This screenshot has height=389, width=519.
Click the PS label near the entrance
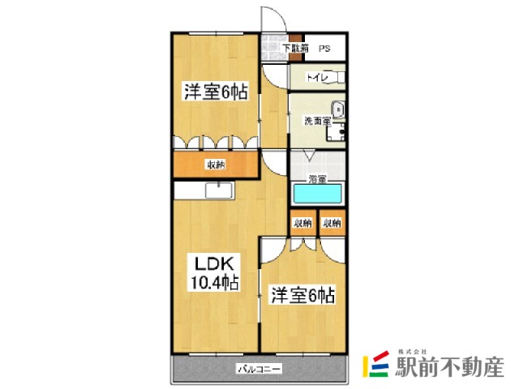[x=324, y=49]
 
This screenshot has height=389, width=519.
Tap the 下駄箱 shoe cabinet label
[x=295, y=49]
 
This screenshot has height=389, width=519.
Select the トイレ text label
[x=315, y=78]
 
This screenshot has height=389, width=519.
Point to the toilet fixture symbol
[x=337, y=78]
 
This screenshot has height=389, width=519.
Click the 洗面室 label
[x=316, y=122]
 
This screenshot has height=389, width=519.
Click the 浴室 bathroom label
[x=317, y=178]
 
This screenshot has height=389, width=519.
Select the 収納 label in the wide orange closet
[x=215, y=165]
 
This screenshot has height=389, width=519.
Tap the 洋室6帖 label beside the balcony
[x=302, y=294]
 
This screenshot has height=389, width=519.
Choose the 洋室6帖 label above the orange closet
[x=214, y=92]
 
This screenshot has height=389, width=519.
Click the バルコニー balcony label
[x=259, y=370]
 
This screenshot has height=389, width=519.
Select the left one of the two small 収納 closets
[x=302, y=222]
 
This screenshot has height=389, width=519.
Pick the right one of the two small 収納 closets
[x=332, y=222]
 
